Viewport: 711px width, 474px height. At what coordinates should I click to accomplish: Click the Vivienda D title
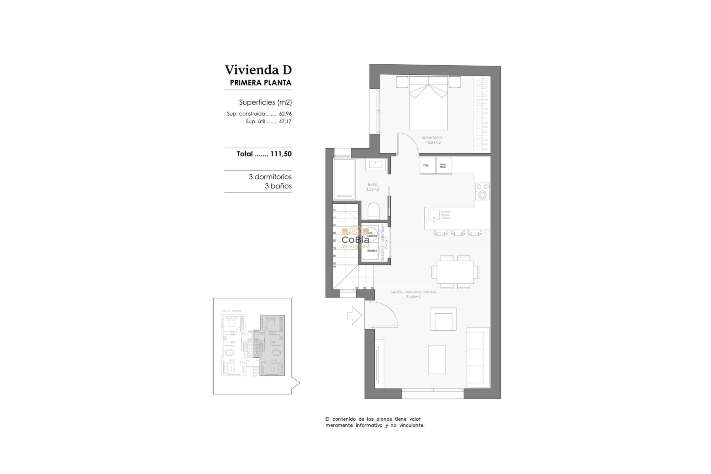[258, 70]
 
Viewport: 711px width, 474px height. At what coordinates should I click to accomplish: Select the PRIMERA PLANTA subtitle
[260, 83]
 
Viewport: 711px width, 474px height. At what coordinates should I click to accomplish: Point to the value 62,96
[285, 114]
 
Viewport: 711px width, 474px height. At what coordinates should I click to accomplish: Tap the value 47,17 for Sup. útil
[285, 121]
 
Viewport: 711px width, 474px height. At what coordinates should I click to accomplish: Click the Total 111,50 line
[264, 154]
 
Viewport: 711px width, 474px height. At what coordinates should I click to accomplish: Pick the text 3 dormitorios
[270, 177]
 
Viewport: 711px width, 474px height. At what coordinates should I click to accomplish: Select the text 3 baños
[278, 186]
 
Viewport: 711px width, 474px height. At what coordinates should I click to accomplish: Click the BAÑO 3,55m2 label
[373, 187]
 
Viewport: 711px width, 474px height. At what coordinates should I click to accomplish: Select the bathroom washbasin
[376, 164]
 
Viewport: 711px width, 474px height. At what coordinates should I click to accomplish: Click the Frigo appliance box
[427, 166]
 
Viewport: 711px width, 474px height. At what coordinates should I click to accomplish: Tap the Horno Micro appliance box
[443, 166]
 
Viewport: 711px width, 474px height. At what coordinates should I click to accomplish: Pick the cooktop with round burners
[482, 191]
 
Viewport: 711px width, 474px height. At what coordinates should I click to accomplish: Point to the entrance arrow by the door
[354, 316]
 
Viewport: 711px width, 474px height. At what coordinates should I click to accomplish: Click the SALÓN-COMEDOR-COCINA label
[413, 294]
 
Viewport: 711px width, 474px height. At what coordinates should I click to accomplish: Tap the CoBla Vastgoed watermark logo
[355, 239]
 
